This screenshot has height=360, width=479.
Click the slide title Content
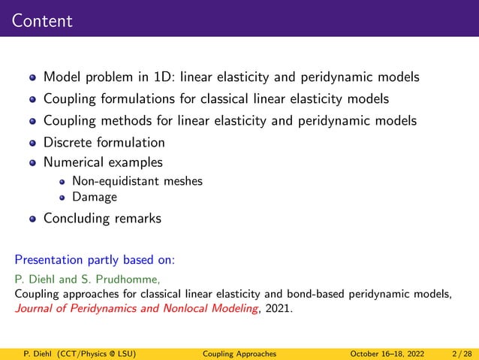(42, 20)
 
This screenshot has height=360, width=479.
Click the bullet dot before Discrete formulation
(32, 143)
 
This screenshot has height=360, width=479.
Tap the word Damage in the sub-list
(94, 198)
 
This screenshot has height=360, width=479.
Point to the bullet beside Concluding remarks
(32, 219)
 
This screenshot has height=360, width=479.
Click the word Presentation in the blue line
(49, 262)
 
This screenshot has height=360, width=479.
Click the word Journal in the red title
(36, 307)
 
